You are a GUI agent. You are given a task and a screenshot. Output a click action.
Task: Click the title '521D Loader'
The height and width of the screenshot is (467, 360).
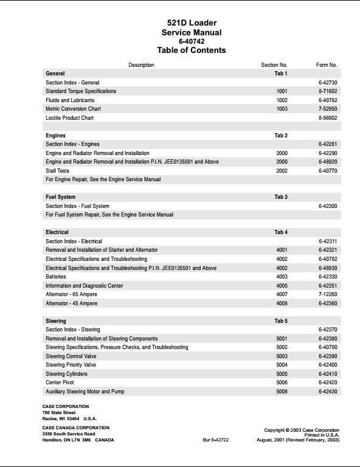pos(192,23)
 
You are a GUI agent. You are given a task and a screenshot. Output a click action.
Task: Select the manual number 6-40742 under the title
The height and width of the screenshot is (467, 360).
pos(192,41)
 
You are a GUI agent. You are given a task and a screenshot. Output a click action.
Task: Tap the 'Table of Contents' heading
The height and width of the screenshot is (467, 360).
pos(192,50)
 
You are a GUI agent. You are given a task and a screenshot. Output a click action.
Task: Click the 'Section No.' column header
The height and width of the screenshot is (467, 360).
pos(274,65)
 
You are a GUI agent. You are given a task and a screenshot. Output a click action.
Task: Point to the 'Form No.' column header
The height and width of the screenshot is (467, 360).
pos(327,65)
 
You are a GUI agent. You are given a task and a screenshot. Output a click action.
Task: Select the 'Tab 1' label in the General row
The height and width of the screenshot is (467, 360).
pos(281,74)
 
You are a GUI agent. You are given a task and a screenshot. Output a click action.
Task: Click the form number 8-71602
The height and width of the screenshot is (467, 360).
pos(328,91)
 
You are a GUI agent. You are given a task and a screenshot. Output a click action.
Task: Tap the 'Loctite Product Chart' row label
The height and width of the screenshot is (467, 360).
pos(70,118)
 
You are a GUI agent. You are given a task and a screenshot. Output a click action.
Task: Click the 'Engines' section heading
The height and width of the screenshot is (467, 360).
pos(55,136)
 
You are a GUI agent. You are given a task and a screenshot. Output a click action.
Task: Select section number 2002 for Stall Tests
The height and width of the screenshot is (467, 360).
pos(282,171)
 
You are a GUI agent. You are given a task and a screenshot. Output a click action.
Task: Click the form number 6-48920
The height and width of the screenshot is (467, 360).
pos(328,162)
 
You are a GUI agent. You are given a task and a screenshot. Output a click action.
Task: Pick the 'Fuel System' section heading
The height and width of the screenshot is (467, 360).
pos(61,197)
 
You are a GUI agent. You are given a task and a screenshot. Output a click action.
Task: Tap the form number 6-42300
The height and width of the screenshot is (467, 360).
pos(328,206)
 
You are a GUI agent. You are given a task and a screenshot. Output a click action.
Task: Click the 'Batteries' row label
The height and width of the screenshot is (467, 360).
pos(56,277)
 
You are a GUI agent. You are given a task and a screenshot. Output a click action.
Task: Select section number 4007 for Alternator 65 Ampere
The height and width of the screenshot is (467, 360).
pos(282,294)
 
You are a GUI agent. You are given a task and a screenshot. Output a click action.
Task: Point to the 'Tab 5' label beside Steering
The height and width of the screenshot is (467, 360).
pos(281,321)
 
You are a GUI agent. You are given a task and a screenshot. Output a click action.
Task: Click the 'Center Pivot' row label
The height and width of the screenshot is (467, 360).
pos(60,383)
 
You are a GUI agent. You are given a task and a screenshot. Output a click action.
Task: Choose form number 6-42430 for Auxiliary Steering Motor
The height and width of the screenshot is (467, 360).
pos(328,392)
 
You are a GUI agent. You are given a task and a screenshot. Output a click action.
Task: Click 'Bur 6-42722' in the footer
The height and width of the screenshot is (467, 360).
pos(216,440)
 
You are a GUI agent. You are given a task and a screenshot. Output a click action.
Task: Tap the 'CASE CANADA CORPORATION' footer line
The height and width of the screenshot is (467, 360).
pos(76,427)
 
